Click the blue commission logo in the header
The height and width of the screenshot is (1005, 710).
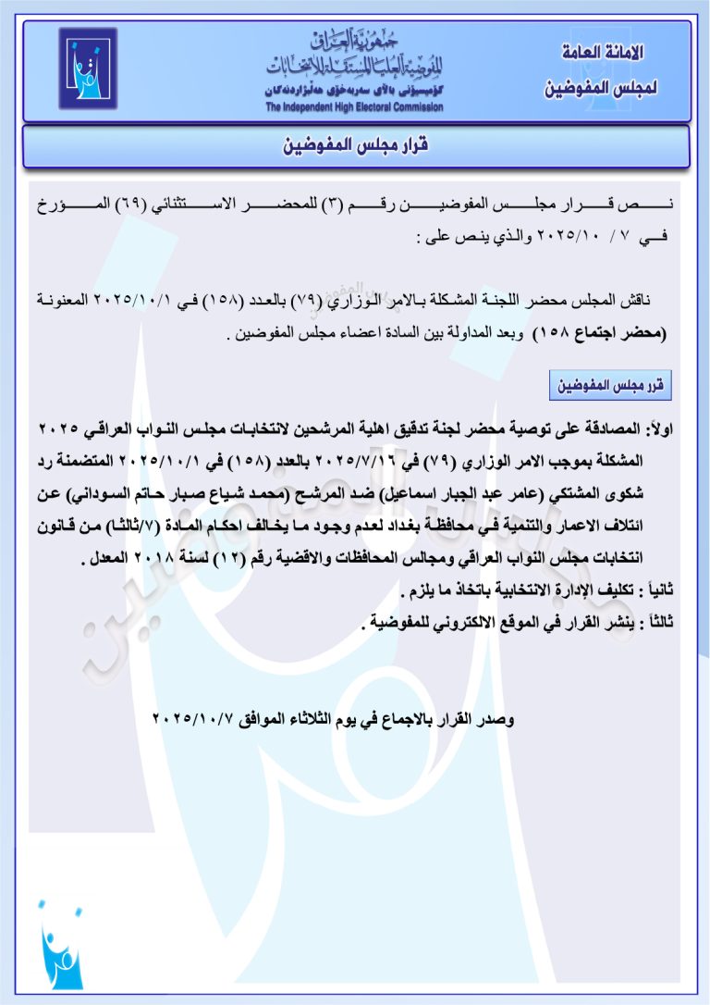tap(88, 68)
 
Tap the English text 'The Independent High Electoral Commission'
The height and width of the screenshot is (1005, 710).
tap(354, 107)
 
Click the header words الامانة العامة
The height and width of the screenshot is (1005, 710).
tap(603, 53)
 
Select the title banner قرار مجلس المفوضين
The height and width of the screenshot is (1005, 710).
tap(355, 146)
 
